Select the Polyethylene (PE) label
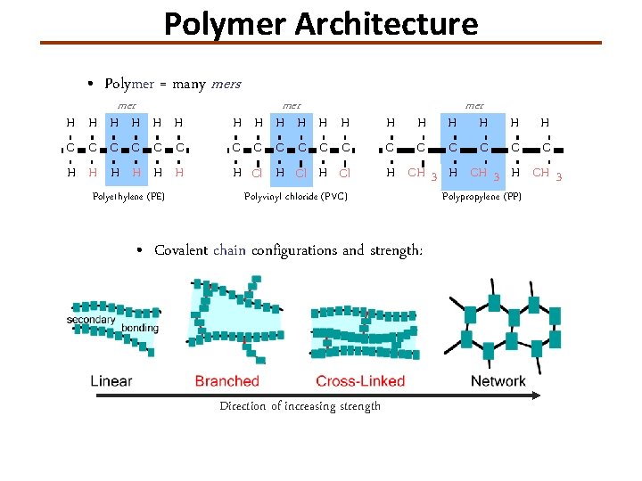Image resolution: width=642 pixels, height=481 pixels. (x=128, y=196)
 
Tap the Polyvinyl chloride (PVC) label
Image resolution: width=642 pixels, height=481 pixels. (x=295, y=196)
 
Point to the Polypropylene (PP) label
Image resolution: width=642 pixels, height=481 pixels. (x=481, y=196)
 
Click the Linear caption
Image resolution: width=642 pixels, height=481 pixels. (x=111, y=381)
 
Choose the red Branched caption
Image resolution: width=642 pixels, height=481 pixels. (x=226, y=381)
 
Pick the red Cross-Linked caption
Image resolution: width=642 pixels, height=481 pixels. (x=360, y=381)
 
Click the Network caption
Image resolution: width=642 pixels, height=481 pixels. (x=498, y=381)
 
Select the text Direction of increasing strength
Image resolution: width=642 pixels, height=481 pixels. (x=300, y=406)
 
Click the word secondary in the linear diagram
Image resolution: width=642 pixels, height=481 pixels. (x=91, y=320)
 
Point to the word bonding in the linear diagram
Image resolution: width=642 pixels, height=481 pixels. (x=140, y=328)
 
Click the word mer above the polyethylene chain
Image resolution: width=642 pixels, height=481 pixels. (x=127, y=105)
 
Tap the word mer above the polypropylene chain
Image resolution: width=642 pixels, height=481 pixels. (x=475, y=105)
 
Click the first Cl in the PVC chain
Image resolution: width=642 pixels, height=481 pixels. (x=256, y=173)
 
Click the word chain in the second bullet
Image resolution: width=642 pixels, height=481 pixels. (x=229, y=250)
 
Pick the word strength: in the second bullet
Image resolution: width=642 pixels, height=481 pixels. (x=396, y=251)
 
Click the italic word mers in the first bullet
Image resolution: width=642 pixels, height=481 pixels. (x=226, y=84)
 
